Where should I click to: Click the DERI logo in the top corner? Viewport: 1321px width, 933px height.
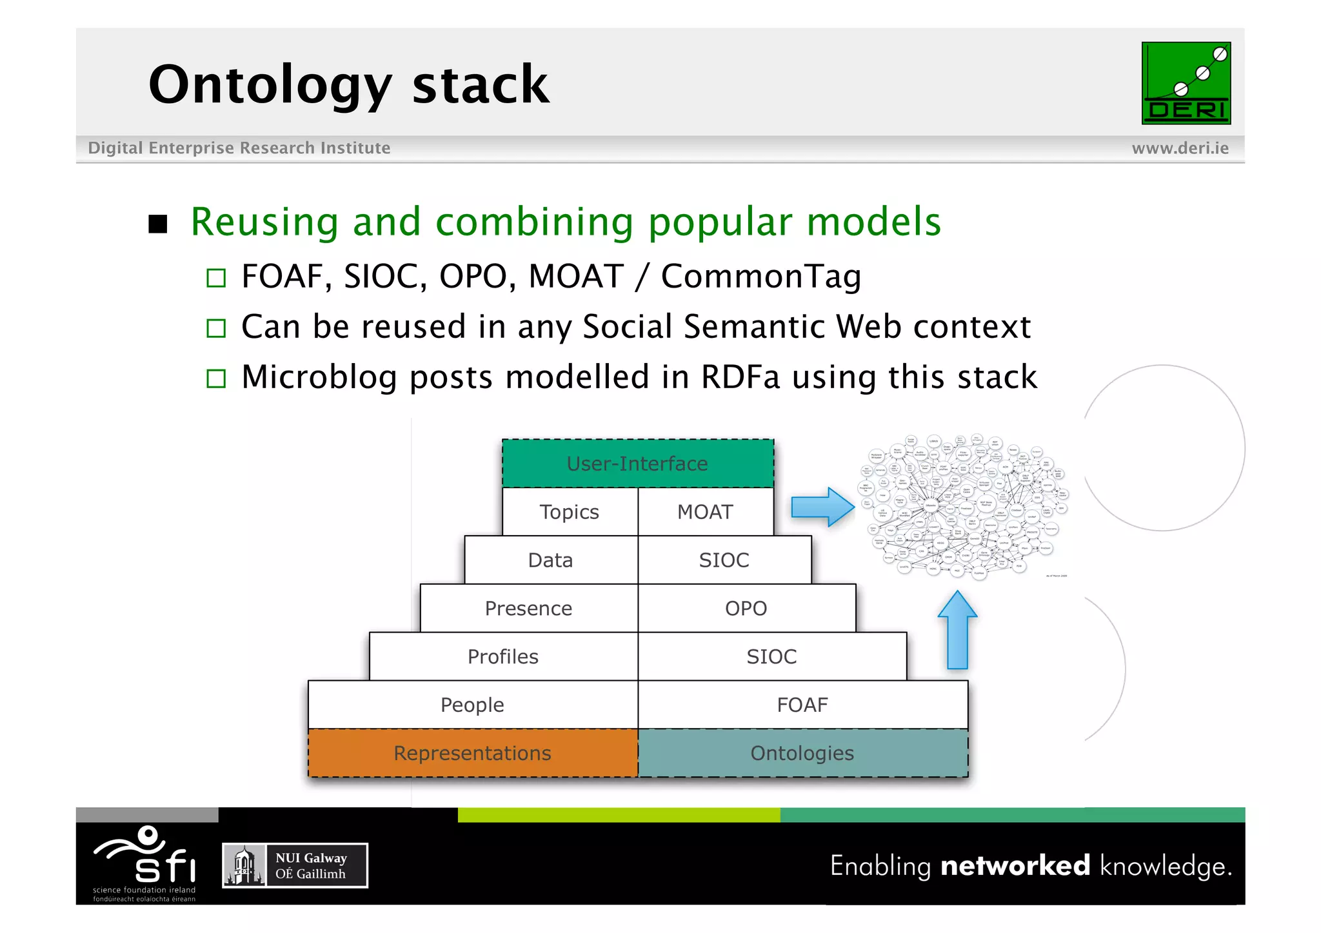(x=1186, y=83)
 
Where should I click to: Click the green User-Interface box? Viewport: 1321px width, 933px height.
(x=637, y=464)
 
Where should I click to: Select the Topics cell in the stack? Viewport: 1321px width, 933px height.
(x=570, y=512)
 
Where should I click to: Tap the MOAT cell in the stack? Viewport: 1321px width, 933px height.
(x=705, y=512)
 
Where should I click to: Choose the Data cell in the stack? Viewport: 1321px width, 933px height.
(x=551, y=560)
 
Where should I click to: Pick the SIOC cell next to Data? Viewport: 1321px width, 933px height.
(x=724, y=560)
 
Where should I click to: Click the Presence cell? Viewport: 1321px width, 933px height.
(x=528, y=609)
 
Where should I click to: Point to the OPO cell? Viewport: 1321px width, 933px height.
(x=746, y=609)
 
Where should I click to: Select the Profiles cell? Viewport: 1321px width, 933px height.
(x=503, y=656)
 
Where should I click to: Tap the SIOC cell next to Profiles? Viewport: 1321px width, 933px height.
(x=771, y=656)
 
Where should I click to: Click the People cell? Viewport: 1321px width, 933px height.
(x=472, y=705)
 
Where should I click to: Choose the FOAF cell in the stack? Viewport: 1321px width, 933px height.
(x=802, y=705)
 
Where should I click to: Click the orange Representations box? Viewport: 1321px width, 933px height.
(x=472, y=753)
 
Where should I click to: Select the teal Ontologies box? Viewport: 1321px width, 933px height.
(x=802, y=753)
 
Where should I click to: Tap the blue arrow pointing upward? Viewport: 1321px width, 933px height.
(x=957, y=631)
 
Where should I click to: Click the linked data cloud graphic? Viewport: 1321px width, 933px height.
(x=964, y=506)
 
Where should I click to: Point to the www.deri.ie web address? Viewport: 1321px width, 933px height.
(x=1180, y=148)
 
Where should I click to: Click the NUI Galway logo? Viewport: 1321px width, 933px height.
(x=295, y=865)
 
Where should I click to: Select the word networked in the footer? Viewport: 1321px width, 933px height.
(x=1015, y=865)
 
